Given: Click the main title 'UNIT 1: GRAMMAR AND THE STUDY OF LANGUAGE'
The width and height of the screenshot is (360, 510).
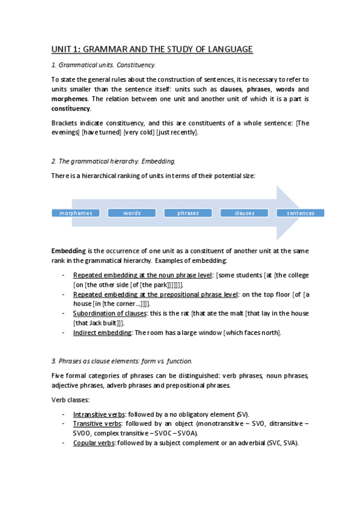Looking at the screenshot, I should click(151, 49).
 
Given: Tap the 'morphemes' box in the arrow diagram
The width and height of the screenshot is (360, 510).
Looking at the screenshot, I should click(76, 213).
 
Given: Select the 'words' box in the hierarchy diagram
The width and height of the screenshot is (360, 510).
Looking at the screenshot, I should click(132, 213).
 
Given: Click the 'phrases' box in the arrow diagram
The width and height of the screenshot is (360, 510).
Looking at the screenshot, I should click(188, 213).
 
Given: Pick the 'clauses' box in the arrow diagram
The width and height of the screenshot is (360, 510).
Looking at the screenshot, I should click(245, 213).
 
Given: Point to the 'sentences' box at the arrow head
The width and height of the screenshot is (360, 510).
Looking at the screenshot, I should click(301, 213).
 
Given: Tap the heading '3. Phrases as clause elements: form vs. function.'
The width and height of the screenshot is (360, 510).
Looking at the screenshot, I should click(122, 361).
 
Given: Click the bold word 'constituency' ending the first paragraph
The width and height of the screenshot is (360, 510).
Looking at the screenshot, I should click(70, 108).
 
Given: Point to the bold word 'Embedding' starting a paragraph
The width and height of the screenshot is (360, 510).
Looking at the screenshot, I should click(69, 250).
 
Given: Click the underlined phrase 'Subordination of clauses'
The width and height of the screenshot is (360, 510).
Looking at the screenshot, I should click(106, 313).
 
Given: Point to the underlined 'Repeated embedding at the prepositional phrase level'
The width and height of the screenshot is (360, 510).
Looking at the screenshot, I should click(155, 294).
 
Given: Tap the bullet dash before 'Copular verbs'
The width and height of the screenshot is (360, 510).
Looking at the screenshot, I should click(64, 443).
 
